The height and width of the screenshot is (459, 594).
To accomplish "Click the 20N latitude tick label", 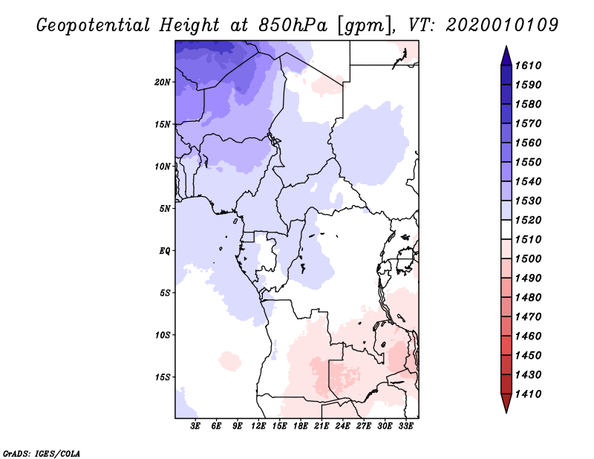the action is coord(163,82).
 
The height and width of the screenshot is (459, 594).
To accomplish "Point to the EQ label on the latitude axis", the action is coord(165,251).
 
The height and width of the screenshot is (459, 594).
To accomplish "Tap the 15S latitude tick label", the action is coord(163,377).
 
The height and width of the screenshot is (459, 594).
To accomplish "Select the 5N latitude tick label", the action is coord(165,209).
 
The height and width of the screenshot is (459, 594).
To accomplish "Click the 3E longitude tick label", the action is coord(195,426).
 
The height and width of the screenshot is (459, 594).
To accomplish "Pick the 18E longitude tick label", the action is coord(301,426).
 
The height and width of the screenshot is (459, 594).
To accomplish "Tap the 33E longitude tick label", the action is coord(405,426).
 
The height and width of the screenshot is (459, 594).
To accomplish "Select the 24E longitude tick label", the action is coord(342,426).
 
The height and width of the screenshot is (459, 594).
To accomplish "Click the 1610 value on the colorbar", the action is coord(529,65).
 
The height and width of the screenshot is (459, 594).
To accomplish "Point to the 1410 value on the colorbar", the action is coord(529,394).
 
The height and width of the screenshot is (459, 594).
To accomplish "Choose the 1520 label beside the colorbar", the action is coord(529,220).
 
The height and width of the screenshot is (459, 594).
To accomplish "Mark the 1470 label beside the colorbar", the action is coord(529,317).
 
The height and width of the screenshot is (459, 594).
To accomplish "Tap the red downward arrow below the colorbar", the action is coord(506,402).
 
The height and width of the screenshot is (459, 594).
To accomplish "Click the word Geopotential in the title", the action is coord(94,26).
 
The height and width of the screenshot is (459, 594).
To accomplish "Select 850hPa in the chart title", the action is coord(293,25).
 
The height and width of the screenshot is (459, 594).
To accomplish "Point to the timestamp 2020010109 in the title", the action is coord(502,25).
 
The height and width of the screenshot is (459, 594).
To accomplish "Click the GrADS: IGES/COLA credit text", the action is coord(42,454).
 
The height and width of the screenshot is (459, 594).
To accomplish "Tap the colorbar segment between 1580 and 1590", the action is coord(506,94).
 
